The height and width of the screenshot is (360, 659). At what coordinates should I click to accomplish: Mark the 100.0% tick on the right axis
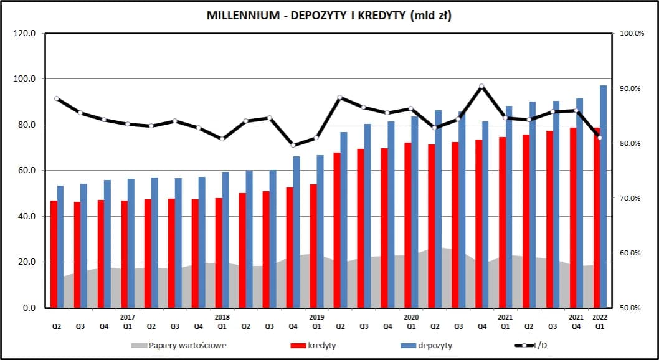(630, 33)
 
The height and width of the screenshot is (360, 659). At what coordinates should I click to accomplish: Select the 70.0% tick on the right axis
(630, 198)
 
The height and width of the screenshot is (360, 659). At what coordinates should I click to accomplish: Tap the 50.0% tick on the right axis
(630, 308)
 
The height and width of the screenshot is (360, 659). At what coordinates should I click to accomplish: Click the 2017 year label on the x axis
(128, 316)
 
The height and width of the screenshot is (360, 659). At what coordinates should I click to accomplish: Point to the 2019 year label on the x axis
(316, 316)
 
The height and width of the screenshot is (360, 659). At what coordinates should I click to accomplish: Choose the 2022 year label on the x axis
(599, 316)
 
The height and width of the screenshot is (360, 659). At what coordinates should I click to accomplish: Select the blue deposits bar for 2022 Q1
(603, 196)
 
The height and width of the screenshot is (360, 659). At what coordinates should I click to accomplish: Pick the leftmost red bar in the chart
(54, 254)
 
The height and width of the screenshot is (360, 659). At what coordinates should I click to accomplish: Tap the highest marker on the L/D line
(481, 87)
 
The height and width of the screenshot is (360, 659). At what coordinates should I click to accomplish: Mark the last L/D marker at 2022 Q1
(599, 138)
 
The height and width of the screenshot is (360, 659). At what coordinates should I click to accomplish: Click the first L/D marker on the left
(57, 98)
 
